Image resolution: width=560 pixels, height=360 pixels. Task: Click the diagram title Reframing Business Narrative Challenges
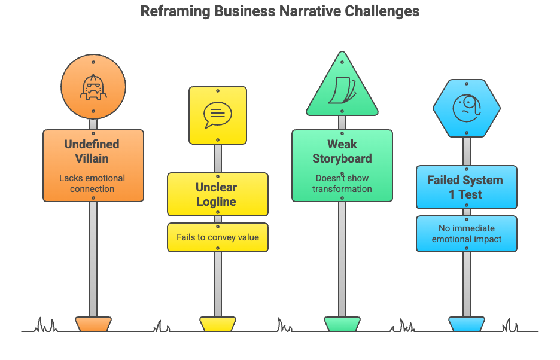tap(280, 11)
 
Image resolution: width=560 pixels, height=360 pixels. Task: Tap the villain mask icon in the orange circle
tap(93, 88)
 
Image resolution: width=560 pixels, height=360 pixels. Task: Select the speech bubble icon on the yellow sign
tap(217, 115)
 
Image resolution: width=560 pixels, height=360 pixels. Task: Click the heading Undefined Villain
tap(93, 151)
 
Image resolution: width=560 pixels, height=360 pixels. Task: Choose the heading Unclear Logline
tap(217, 194)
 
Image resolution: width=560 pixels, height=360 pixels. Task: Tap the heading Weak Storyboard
tap(342, 151)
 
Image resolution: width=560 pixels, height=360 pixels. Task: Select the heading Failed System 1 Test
tap(465, 187)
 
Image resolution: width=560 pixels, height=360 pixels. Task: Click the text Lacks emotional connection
tap(92, 184)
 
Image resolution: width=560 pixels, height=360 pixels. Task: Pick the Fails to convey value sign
tap(218, 237)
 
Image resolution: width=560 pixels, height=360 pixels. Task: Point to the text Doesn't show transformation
tap(342, 184)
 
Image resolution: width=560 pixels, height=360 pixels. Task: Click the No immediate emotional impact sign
tap(467, 234)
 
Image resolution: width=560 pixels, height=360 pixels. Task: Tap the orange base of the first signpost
tap(93, 324)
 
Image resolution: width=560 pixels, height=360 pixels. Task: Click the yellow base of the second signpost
tap(218, 324)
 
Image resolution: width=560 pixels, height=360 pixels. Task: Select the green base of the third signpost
tap(342, 324)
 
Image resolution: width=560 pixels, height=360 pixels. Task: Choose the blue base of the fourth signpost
tap(467, 324)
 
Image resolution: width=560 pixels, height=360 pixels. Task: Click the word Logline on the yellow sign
tap(217, 202)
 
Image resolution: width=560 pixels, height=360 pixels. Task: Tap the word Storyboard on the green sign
tap(342, 159)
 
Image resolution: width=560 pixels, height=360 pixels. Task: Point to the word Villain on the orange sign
tap(93, 159)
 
